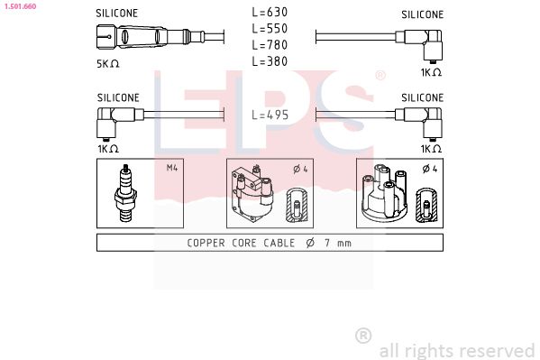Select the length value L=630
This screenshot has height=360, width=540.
pos(270,14)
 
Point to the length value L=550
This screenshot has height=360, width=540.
pos(270,30)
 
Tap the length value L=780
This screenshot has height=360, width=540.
pos(270,46)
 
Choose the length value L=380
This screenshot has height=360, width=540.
pos(270,62)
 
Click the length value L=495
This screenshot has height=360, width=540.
pos(270,115)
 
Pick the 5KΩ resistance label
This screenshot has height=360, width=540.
pos(109,64)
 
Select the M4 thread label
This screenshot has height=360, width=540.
pos(172,168)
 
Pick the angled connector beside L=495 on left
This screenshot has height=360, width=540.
pos(114,115)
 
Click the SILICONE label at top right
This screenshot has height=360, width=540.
pos(422,14)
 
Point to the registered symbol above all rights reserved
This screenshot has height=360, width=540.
pos(363,335)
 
